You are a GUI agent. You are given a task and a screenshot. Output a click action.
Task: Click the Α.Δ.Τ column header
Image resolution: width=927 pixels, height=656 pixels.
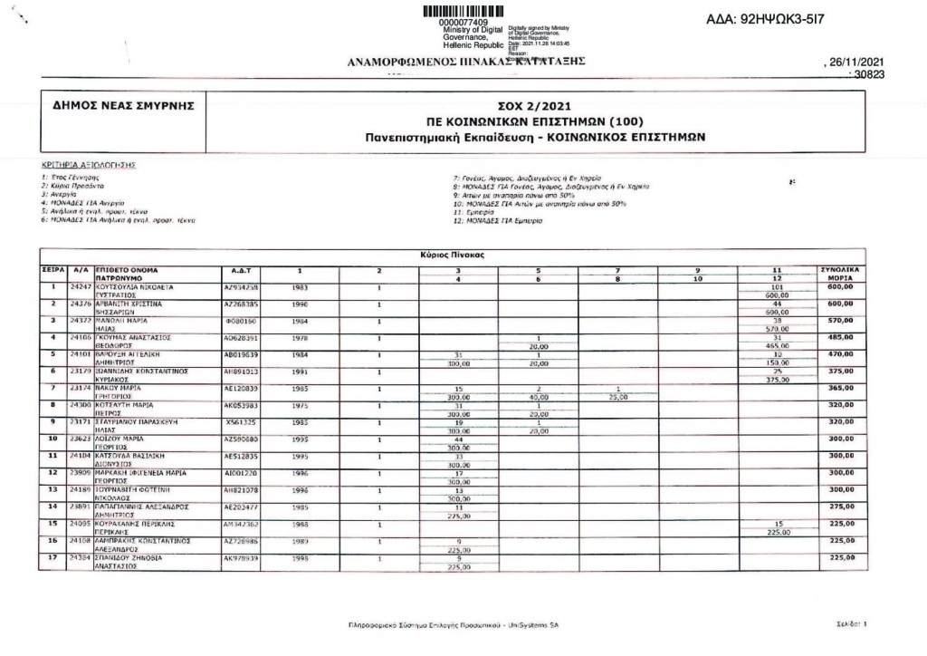click(x=240, y=271)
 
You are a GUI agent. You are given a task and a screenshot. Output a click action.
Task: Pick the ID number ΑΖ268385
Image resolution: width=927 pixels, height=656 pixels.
click(x=240, y=304)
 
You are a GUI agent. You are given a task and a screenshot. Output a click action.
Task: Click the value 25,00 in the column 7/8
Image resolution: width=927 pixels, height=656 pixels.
click(x=618, y=396)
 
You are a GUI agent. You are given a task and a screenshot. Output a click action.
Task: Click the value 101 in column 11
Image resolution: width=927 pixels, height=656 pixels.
click(x=774, y=286)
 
